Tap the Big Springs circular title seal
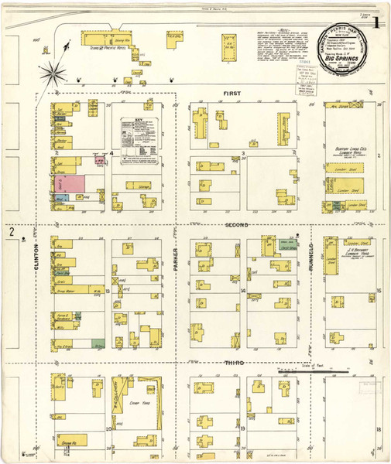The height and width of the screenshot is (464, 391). point(345,49)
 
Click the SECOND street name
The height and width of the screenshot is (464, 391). point(235,225)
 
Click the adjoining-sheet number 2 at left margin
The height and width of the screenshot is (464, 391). point(12,231)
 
